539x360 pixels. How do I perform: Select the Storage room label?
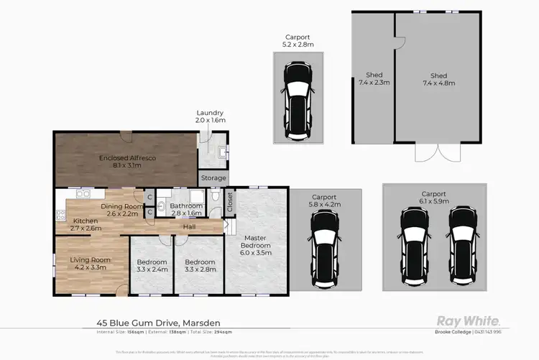tap(213, 178)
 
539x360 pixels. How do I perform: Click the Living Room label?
tap(89, 263)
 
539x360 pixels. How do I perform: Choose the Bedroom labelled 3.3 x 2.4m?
tap(152, 266)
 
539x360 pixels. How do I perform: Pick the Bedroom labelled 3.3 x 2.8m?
tap(200, 266)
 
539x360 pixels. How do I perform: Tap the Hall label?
tap(189, 227)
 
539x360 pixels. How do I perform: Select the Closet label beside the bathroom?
tap(230, 202)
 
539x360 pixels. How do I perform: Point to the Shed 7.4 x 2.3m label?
tap(374, 79)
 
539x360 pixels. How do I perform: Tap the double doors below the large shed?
tap(438, 152)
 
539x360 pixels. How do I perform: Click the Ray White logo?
tap(469, 320)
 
